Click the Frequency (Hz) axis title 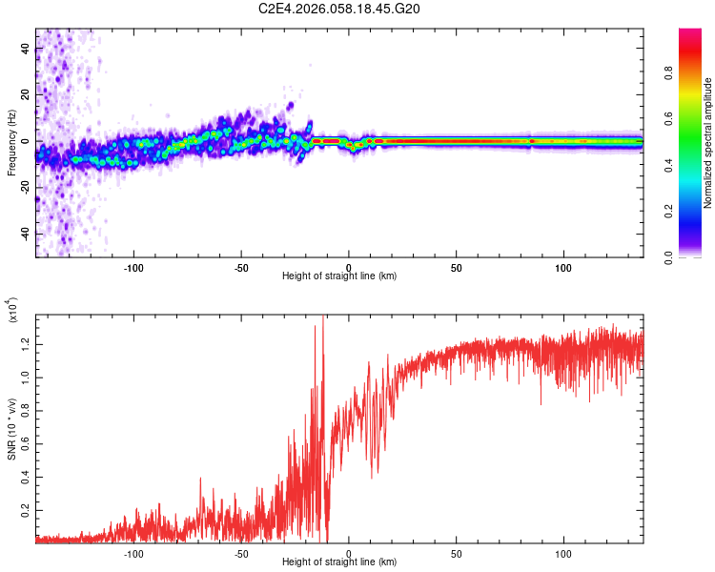coord(11,142)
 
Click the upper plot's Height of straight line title coord(339,276)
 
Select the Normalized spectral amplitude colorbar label coord(708,143)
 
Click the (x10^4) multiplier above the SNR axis coord(13,311)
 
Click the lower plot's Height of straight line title coord(339,563)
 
